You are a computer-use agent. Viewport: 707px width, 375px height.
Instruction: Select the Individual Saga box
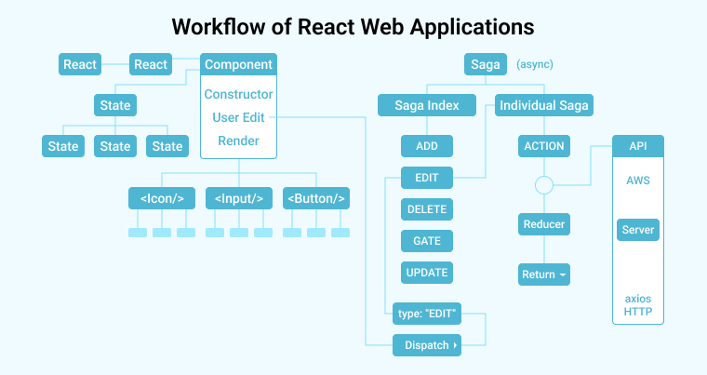coord(544,105)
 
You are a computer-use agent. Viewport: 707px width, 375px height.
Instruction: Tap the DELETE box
coord(427,209)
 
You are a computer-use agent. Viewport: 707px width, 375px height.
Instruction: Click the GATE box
coord(427,241)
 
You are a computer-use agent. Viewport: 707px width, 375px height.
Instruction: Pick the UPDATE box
coord(427,273)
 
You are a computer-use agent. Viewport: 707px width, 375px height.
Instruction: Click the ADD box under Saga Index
coord(427,146)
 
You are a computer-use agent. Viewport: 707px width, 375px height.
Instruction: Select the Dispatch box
coord(427,345)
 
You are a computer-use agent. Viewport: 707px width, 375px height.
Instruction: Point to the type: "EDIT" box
coord(427,314)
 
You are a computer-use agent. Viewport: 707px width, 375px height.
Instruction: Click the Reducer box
coord(544,224)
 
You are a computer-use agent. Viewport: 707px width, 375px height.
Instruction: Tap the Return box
coord(544,275)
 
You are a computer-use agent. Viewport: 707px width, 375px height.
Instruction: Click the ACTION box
coord(544,146)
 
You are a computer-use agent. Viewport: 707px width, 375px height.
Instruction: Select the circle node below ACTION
coord(544,185)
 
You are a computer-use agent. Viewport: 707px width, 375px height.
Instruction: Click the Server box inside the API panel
coord(637,229)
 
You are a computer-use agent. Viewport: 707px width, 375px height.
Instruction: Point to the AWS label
coord(637,180)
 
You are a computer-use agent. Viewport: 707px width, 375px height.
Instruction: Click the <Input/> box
coord(239,198)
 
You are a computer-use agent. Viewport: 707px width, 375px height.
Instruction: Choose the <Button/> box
coord(317,198)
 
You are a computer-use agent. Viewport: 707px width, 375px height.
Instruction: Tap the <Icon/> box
coord(162,198)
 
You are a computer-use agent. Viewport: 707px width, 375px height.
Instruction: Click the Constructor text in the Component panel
coord(238,94)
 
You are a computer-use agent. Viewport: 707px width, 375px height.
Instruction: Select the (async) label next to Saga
coord(535,65)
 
